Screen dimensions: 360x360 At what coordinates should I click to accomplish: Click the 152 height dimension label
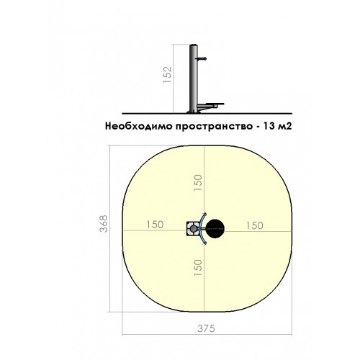pyautogui.click(x=168, y=75)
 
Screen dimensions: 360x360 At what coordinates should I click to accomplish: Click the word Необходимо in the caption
pyautogui.click(x=139, y=126)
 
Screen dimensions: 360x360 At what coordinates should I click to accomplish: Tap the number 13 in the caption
pyautogui.click(x=269, y=126)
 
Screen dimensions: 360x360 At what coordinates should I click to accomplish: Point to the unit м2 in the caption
pyautogui.click(x=284, y=126)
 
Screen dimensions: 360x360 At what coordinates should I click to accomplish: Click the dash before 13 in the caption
pyautogui.click(x=257, y=127)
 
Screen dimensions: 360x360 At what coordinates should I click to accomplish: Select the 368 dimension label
pyautogui.click(x=104, y=224)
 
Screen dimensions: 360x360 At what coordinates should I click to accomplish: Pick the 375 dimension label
pyautogui.click(x=206, y=328)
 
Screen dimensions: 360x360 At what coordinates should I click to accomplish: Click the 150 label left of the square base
pyautogui.click(x=155, y=225)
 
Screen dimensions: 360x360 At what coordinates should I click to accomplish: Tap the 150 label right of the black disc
pyautogui.click(x=254, y=225)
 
